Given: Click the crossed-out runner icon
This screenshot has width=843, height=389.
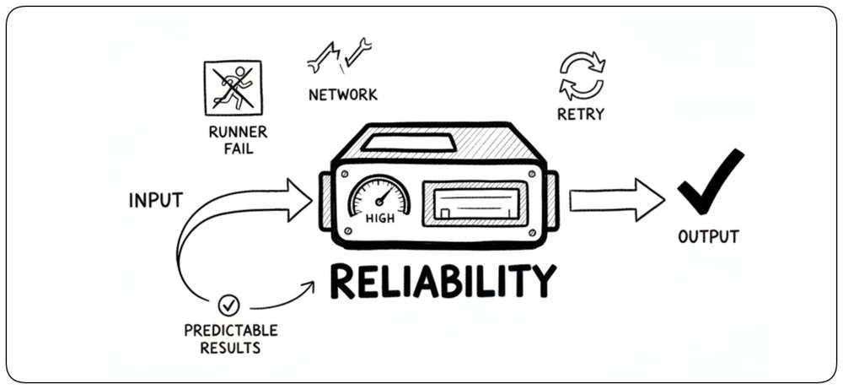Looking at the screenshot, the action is click(x=233, y=88).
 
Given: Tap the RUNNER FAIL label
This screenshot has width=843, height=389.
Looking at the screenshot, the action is click(x=238, y=140).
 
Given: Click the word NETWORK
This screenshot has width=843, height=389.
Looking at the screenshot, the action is click(x=343, y=95).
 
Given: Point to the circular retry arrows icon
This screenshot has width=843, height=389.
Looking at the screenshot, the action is click(x=583, y=75).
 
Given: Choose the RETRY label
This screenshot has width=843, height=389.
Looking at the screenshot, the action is click(x=581, y=114).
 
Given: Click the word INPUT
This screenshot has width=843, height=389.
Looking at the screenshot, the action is click(x=156, y=201).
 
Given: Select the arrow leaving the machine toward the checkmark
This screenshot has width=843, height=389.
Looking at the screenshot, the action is click(x=617, y=200).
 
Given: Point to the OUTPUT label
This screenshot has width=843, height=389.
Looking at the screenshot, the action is click(x=708, y=237).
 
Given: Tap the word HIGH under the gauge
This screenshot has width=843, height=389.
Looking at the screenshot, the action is click(x=379, y=219).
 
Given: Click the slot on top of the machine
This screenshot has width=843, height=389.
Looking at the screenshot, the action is click(x=410, y=143).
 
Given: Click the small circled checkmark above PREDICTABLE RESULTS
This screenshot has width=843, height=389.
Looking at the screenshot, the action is click(x=228, y=305).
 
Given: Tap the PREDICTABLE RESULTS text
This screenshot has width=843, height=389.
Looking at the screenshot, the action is click(x=231, y=338).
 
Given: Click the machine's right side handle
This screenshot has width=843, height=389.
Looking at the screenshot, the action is click(x=553, y=201).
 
